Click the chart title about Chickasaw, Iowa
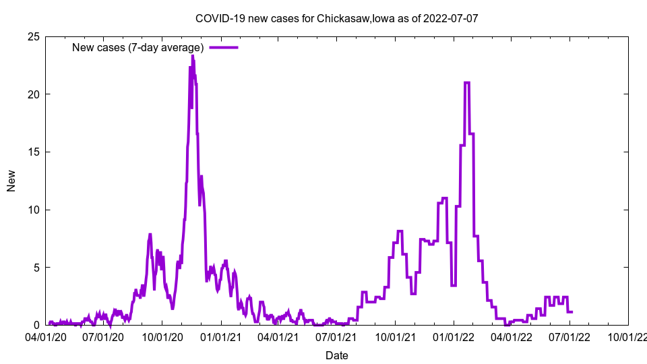click(336, 18)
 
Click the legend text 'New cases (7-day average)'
click(138, 47)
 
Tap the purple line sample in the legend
click(224, 47)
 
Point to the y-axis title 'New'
click(11, 181)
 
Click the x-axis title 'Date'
click(337, 355)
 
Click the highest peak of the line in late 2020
click(192, 57)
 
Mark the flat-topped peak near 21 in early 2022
click(467, 83)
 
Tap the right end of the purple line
click(572, 311)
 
